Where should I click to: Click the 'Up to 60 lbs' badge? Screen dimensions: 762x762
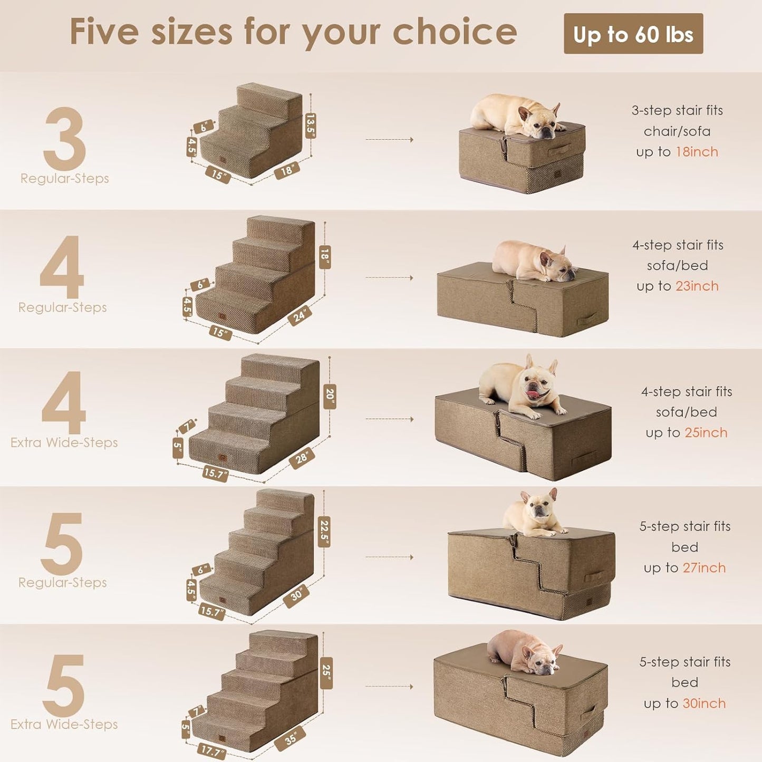[x=633, y=34]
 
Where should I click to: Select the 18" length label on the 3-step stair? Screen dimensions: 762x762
[x=287, y=170]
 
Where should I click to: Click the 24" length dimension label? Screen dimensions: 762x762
[x=300, y=316]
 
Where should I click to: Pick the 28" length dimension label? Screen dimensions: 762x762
[x=302, y=458]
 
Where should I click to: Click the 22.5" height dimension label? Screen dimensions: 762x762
[x=325, y=532]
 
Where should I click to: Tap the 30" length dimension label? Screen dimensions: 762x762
[x=297, y=595]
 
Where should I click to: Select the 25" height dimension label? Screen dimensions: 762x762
[x=326, y=672]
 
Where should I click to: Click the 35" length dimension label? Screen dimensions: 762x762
[x=291, y=739]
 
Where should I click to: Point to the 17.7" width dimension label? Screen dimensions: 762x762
[x=211, y=751]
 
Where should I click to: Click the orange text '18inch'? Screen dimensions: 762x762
[x=697, y=152]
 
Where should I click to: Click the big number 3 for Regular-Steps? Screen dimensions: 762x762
[x=64, y=139]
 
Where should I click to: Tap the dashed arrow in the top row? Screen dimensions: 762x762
[x=389, y=140]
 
